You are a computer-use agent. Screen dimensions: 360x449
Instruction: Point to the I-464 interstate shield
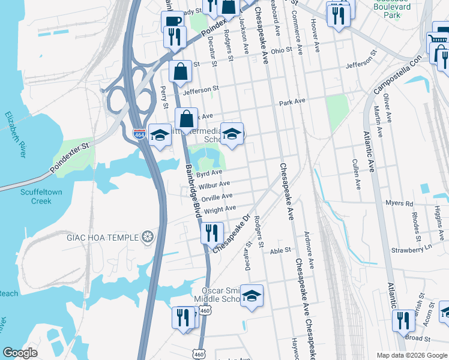click(x=139, y=134)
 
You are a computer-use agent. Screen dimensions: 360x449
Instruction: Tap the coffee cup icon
click(x=172, y=22)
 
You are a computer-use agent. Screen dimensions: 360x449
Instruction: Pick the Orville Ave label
click(x=217, y=197)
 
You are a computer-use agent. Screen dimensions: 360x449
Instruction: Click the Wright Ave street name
click(x=220, y=209)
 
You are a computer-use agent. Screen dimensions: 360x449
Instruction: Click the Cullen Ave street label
click(x=357, y=170)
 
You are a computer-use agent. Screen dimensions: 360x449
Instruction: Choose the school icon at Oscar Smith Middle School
click(x=252, y=296)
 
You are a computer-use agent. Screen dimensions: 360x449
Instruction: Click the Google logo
click(x=20, y=353)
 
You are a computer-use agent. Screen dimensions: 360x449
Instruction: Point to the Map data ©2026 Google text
click(x=411, y=355)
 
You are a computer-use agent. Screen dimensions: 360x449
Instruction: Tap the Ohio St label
click(x=281, y=50)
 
